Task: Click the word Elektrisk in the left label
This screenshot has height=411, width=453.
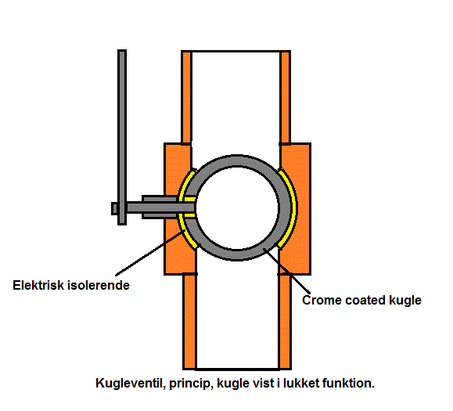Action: pyautogui.click(x=38, y=285)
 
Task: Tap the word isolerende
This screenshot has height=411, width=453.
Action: pyautogui.click(x=99, y=285)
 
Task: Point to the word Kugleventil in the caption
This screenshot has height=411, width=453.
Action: pyautogui.click(x=131, y=384)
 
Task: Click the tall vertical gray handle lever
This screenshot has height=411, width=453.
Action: pyautogui.click(x=122, y=137)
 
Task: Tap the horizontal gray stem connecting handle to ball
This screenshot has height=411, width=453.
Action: pyautogui.click(x=160, y=207)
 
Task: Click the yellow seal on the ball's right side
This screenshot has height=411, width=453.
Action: pyautogui.click(x=289, y=208)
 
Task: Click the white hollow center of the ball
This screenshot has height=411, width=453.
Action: pyautogui.click(x=237, y=207)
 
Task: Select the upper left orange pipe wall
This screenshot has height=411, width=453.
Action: pyautogui.click(x=186, y=97)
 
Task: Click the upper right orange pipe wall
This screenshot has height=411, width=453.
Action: pyautogui.click(x=286, y=97)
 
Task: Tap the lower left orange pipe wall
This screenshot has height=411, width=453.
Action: pyautogui.click(x=189, y=322)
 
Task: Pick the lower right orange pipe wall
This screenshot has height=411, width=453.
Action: pyautogui.click(x=285, y=322)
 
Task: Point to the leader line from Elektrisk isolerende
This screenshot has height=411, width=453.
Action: pyautogui.click(x=149, y=254)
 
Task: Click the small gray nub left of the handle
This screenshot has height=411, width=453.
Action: pyautogui.click(x=115, y=208)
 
